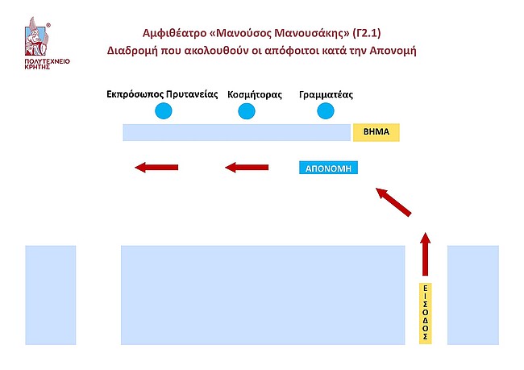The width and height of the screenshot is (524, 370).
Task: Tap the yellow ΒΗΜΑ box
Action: pos(376,132)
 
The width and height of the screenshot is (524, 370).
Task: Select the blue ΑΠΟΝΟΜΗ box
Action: pos(328,168)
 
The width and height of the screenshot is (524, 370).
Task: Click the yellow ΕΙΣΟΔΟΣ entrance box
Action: pos(426,313)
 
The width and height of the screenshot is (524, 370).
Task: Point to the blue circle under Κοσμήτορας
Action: pos(246,111)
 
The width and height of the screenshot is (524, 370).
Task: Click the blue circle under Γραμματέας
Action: pos(325,111)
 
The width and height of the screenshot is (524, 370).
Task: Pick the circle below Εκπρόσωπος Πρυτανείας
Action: pos(164,111)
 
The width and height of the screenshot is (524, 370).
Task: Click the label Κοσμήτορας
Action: pos(255,94)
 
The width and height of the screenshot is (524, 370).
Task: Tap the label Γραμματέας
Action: pos(325,94)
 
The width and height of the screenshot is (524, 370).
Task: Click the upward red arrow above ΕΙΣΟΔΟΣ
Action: pos(426,255)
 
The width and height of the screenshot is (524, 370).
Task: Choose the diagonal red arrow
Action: pos(394,202)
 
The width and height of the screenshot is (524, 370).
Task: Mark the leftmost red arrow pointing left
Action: pos(156,168)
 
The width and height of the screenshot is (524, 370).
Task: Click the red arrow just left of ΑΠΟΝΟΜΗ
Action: pos(246,168)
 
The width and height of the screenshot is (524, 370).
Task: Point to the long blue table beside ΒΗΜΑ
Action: pos(236,132)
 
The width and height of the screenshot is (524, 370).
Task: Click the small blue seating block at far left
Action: pos(51,295)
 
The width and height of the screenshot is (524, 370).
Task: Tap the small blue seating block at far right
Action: pos(473,295)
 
